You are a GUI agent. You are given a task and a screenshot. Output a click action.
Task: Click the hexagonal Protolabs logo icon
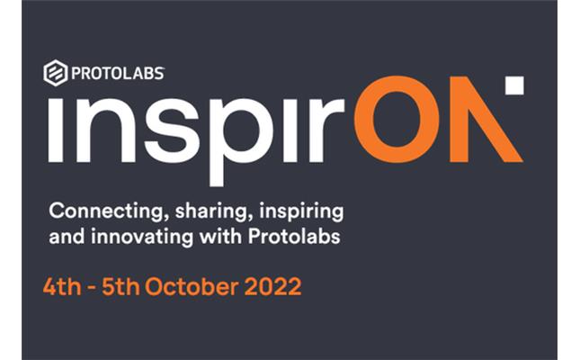coord(56,73)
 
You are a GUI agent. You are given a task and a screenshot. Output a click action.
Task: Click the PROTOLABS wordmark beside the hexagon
coord(118,73)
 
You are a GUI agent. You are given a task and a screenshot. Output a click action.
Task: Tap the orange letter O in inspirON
coord(397,120)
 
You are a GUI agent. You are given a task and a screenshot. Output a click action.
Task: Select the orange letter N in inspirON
coord(486,120)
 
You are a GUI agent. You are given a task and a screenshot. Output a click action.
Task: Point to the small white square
coord(514,85)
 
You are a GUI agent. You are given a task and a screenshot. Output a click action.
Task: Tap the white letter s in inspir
coord(172,130)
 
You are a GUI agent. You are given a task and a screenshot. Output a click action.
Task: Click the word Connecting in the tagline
coord(106,211)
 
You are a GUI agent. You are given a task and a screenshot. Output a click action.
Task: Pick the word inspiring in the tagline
coord(301,211)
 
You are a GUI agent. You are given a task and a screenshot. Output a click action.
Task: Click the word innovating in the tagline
coord(142,237)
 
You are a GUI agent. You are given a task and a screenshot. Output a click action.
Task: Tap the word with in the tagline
coord(220,236)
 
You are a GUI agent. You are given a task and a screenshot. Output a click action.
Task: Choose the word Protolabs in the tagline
coord(294,236)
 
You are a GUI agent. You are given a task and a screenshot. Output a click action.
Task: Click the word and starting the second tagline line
coord(67,237)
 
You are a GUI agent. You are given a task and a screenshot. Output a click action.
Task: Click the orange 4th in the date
coord(62,287)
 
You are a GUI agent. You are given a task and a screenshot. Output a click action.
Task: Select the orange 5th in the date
coord(121,287)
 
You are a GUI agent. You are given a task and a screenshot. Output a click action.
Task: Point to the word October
coord(192,287)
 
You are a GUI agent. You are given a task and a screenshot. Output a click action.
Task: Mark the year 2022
coord(273,287)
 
